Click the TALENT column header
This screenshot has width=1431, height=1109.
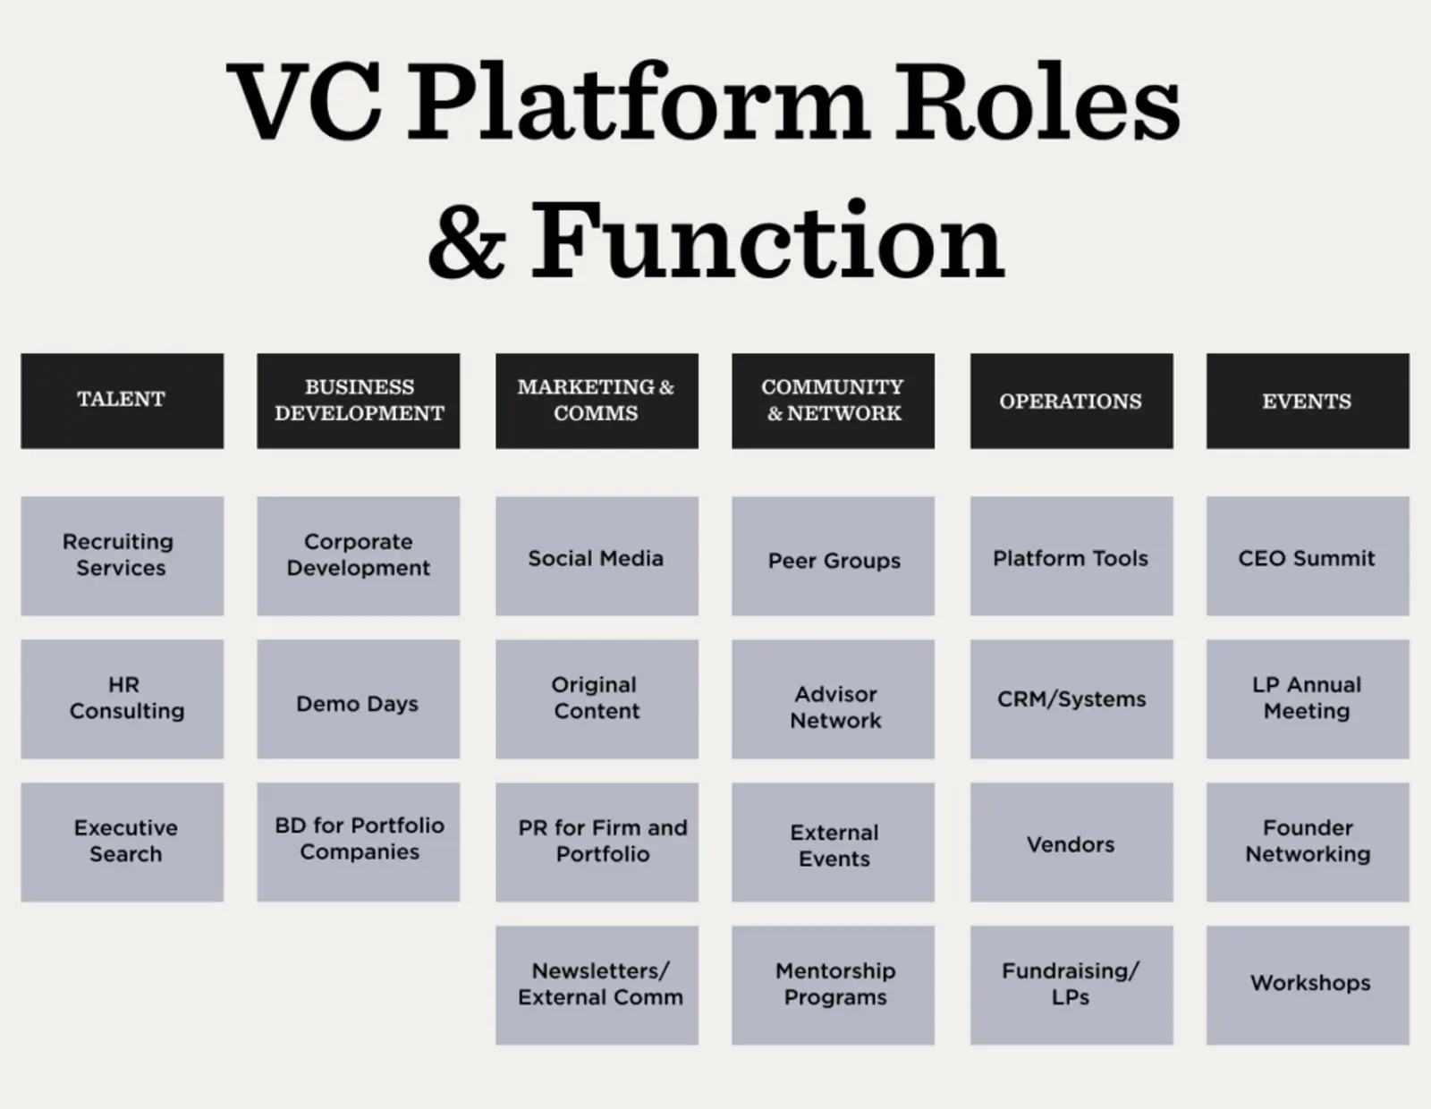pos(122,400)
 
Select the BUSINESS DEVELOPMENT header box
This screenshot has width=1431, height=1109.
pos(358,400)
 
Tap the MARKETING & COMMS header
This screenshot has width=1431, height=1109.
pos(597,400)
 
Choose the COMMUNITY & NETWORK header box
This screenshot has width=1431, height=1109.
pos(833,400)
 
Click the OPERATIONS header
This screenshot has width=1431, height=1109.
pos(1071,400)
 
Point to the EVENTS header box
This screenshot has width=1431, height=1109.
pos(1307,400)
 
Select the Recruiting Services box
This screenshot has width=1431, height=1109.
pos(122,555)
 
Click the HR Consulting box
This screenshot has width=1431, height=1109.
pos(122,698)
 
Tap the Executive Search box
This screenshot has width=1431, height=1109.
pos(122,842)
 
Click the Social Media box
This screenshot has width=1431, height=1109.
pos(597,555)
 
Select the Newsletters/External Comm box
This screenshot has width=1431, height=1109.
pos(597,985)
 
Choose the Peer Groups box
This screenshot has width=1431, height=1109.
pos(833,555)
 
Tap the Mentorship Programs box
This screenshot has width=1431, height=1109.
pos(833,985)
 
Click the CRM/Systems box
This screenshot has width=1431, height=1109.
pos(1071,698)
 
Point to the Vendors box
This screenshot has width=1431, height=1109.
pos(1071,842)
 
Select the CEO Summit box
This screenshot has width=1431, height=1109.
pos(1307,555)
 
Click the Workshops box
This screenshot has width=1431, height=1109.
pos(1307,985)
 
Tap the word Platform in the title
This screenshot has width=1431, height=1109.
pos(639,103)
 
